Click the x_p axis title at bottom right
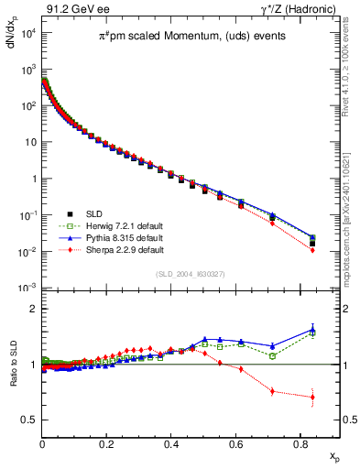pos(333,455)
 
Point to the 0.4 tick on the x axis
pos(171,442)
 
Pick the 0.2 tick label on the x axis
pos(107,442)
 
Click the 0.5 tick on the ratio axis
pos(30,420)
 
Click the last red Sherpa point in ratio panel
pos(312,397)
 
